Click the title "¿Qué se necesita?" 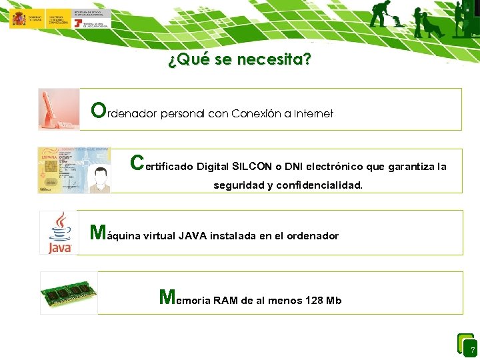[x=239, y=60]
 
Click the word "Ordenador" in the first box [x=124, y=111]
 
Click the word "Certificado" [x=162, y=165]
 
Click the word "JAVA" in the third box [x=193, y=236]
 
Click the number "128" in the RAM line [x=313, y=301]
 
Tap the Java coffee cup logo [x=59, y=233]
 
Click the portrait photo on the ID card [x=99, y=179]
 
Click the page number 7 [x=472, y=350]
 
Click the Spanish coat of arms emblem [x=19, y=19]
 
